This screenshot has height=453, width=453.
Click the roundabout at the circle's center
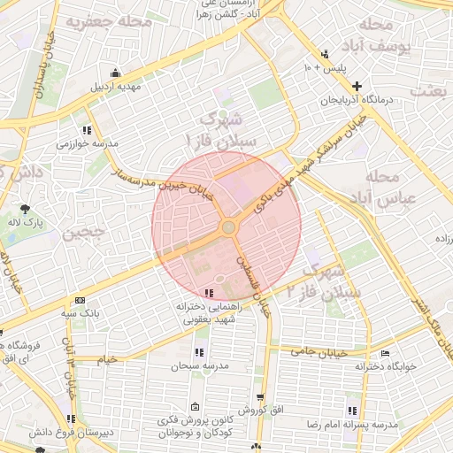(228, 227)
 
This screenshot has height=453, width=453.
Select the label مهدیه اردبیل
(117, 87)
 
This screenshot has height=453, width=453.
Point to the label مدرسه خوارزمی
(88, 142)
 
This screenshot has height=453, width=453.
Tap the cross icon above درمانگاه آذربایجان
(357, 87)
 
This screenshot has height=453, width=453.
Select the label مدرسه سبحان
(201, 365)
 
